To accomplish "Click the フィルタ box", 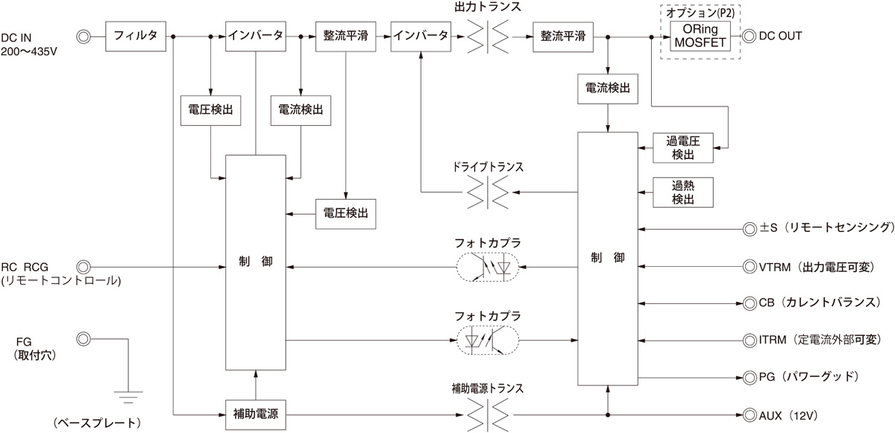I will click(x=136, y=36).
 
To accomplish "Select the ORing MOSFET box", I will click(x=700, y=35).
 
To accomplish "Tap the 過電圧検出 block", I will click(x=682, y=148).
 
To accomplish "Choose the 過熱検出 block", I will click(x=682, y=193).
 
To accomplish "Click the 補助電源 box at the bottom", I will click(x=256, y=413).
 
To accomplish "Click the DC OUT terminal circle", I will click(x=748, y=35).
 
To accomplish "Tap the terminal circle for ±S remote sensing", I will click(x=749, y=228).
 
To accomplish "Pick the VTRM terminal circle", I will click(x=749, y=265).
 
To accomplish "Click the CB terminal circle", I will click(x=749, y=303).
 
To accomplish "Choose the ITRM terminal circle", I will click(x=749, y=340).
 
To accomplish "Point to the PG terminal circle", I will click(x=749, y=377).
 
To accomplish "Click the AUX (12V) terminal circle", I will click(x=749, y=414).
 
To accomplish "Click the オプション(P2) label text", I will click(x=700, y=11).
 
